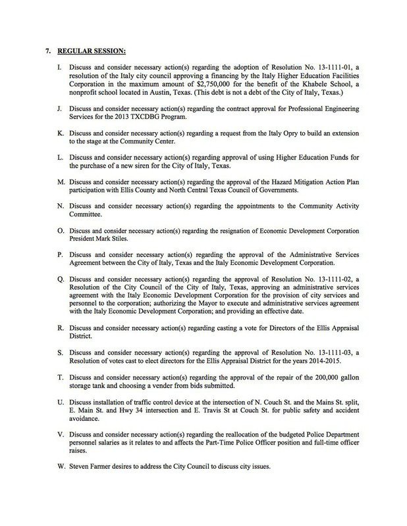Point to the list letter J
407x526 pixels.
click(61, 116)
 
